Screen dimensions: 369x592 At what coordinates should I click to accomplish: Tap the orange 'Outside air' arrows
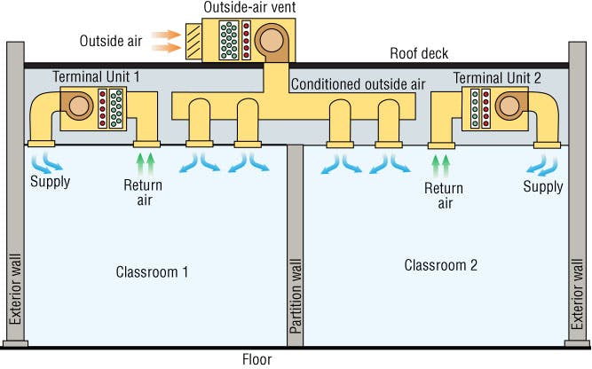163,42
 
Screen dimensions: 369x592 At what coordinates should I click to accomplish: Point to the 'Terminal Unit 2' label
497,78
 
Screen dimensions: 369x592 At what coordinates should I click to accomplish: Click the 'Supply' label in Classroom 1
49,184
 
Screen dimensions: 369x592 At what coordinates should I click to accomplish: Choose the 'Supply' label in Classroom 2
542,186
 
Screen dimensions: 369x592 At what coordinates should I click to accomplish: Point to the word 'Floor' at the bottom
257,359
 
